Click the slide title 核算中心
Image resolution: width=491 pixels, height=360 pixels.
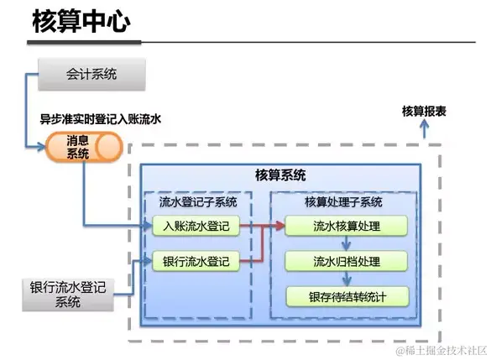[x=81, y=23]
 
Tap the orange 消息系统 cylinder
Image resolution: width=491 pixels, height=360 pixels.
[x=82, y=149]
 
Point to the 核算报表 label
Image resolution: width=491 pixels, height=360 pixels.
[x=423, y=111]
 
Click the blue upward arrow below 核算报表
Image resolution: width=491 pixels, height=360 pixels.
[x=424, y=127]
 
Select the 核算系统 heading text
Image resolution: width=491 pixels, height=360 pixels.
[x=280, y=175]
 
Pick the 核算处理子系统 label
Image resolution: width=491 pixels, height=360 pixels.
[x=343, y=202]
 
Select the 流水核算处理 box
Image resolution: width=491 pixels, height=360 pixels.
[x=346, y=226]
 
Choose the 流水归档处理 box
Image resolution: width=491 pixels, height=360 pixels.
[x=346, y=261]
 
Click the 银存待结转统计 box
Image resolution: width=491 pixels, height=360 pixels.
[x=346, y=296]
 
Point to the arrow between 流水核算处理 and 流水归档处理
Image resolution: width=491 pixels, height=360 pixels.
[x=346, y=243]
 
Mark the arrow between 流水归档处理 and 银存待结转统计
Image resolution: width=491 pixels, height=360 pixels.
[x=346, y=279]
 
